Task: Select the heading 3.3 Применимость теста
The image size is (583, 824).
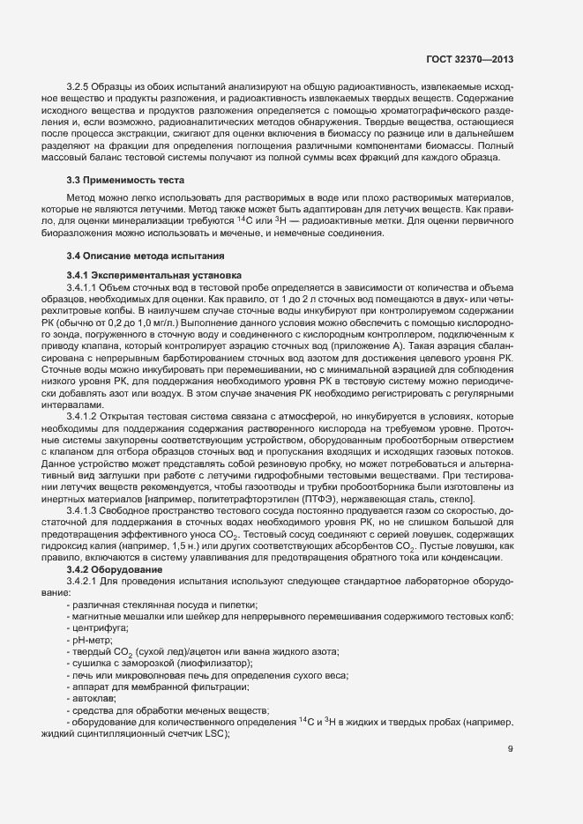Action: coord(121,180)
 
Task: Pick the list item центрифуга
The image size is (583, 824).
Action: coord(97,628)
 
